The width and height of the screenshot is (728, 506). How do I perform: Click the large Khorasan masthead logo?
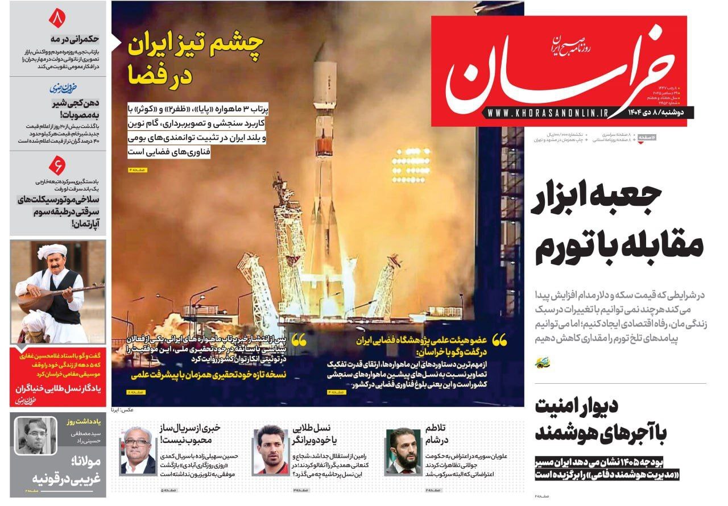pyautogui.click(x=560, y=71)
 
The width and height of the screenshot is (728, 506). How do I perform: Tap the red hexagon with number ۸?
pyautogui.click(x=57, y=18)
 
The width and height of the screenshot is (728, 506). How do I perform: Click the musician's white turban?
pyautogui.click(x=52, y=251)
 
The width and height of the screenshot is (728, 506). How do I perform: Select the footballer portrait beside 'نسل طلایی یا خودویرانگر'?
pyautogui.click(x=271, y=450)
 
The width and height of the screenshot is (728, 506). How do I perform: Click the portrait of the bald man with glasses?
pyautogui.click(x=138, y=450)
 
